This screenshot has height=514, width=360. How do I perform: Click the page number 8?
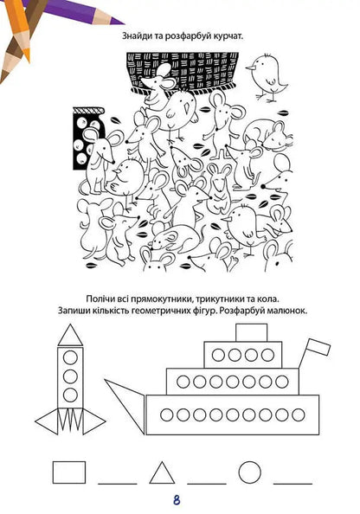(176, 499)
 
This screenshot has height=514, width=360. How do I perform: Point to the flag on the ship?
(315, 347)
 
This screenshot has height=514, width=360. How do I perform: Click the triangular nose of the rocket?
(71, 335)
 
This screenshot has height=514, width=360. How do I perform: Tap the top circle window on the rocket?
(71, 355)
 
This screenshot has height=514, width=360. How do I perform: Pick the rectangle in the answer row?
(69, 472)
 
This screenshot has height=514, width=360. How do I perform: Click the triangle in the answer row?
(161, 472)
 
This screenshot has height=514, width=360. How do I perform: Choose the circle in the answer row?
(249, 472)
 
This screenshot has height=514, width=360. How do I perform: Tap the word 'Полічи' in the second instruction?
(106, 296)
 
